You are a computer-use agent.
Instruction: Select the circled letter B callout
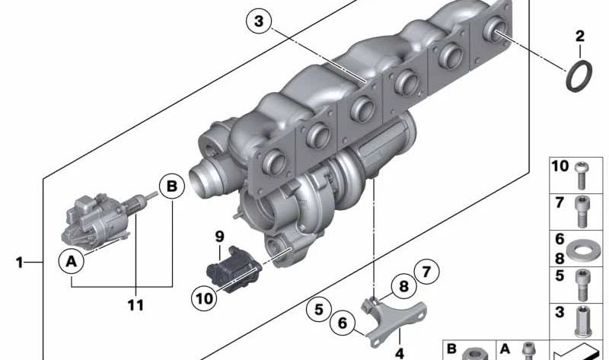171,186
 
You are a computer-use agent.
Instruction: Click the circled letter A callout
72,262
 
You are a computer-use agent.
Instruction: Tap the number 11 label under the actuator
136,305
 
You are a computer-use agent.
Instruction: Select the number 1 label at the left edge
20,263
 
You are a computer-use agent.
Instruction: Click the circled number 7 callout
427,270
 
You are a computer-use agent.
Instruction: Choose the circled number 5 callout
320,310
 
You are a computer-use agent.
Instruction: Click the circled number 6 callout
343,323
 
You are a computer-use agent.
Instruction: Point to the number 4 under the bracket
399,352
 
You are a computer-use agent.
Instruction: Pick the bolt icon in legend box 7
582,209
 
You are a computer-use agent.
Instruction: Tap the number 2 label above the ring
579,36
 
